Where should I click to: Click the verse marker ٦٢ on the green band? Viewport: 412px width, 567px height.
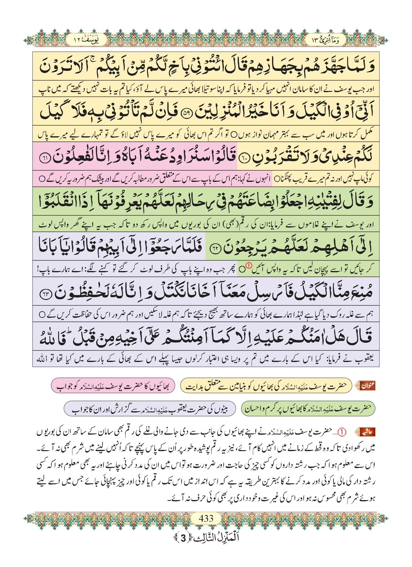215,249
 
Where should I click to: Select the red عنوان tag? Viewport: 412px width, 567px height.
368,386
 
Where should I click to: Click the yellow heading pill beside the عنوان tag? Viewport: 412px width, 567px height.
266,386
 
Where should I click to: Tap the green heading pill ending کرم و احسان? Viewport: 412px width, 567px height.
308,409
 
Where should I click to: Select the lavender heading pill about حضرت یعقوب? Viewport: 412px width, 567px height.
150,409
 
